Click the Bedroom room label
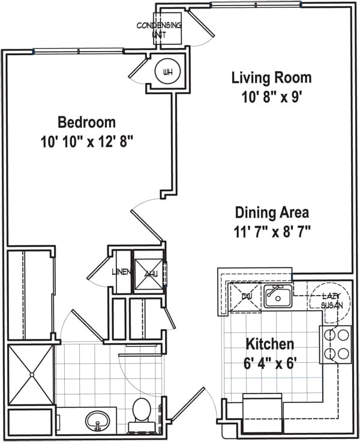(86, 123)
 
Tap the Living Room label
(271, 77)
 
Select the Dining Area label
(271, 212)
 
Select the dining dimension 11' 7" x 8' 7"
(271, 231)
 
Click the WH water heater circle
(167, 73)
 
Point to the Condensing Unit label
(159, 30)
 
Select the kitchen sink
(277, 296)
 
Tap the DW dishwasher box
(245, 296)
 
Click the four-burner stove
(337, 345)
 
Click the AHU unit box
(148, 275)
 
